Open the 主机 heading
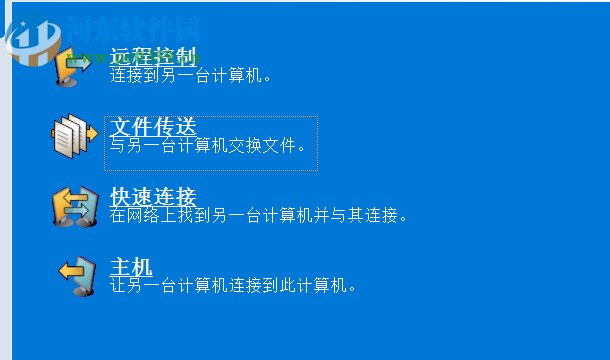130,266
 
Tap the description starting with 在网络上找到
259,214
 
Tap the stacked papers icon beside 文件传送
74,136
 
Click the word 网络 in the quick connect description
141,214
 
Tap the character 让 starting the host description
117,285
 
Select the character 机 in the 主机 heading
141,266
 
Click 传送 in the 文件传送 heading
174,126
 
